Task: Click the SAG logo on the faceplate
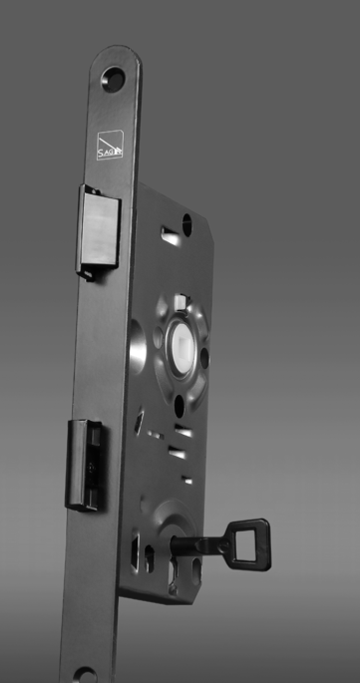coord(109,149)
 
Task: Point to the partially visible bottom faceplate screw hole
coord(85,675)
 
